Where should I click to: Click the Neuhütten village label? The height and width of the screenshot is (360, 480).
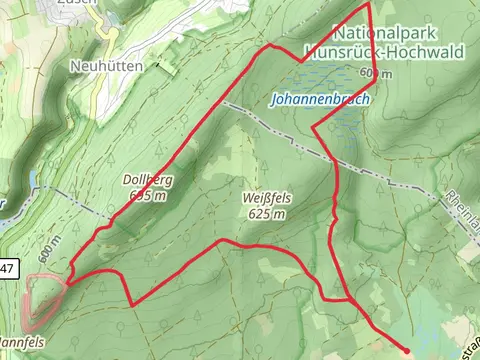pyautogui.click(x=107, y=65)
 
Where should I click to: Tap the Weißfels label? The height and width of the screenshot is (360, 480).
pyautogui.click(x=267, y=198)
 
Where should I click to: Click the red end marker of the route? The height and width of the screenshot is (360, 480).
pyautogui.click(x=405, y=352)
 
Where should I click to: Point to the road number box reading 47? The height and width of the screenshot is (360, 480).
pyautogui.click(x=8, y=267)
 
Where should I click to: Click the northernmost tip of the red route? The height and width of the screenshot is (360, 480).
pyautogui.click(x=369, y=4)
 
